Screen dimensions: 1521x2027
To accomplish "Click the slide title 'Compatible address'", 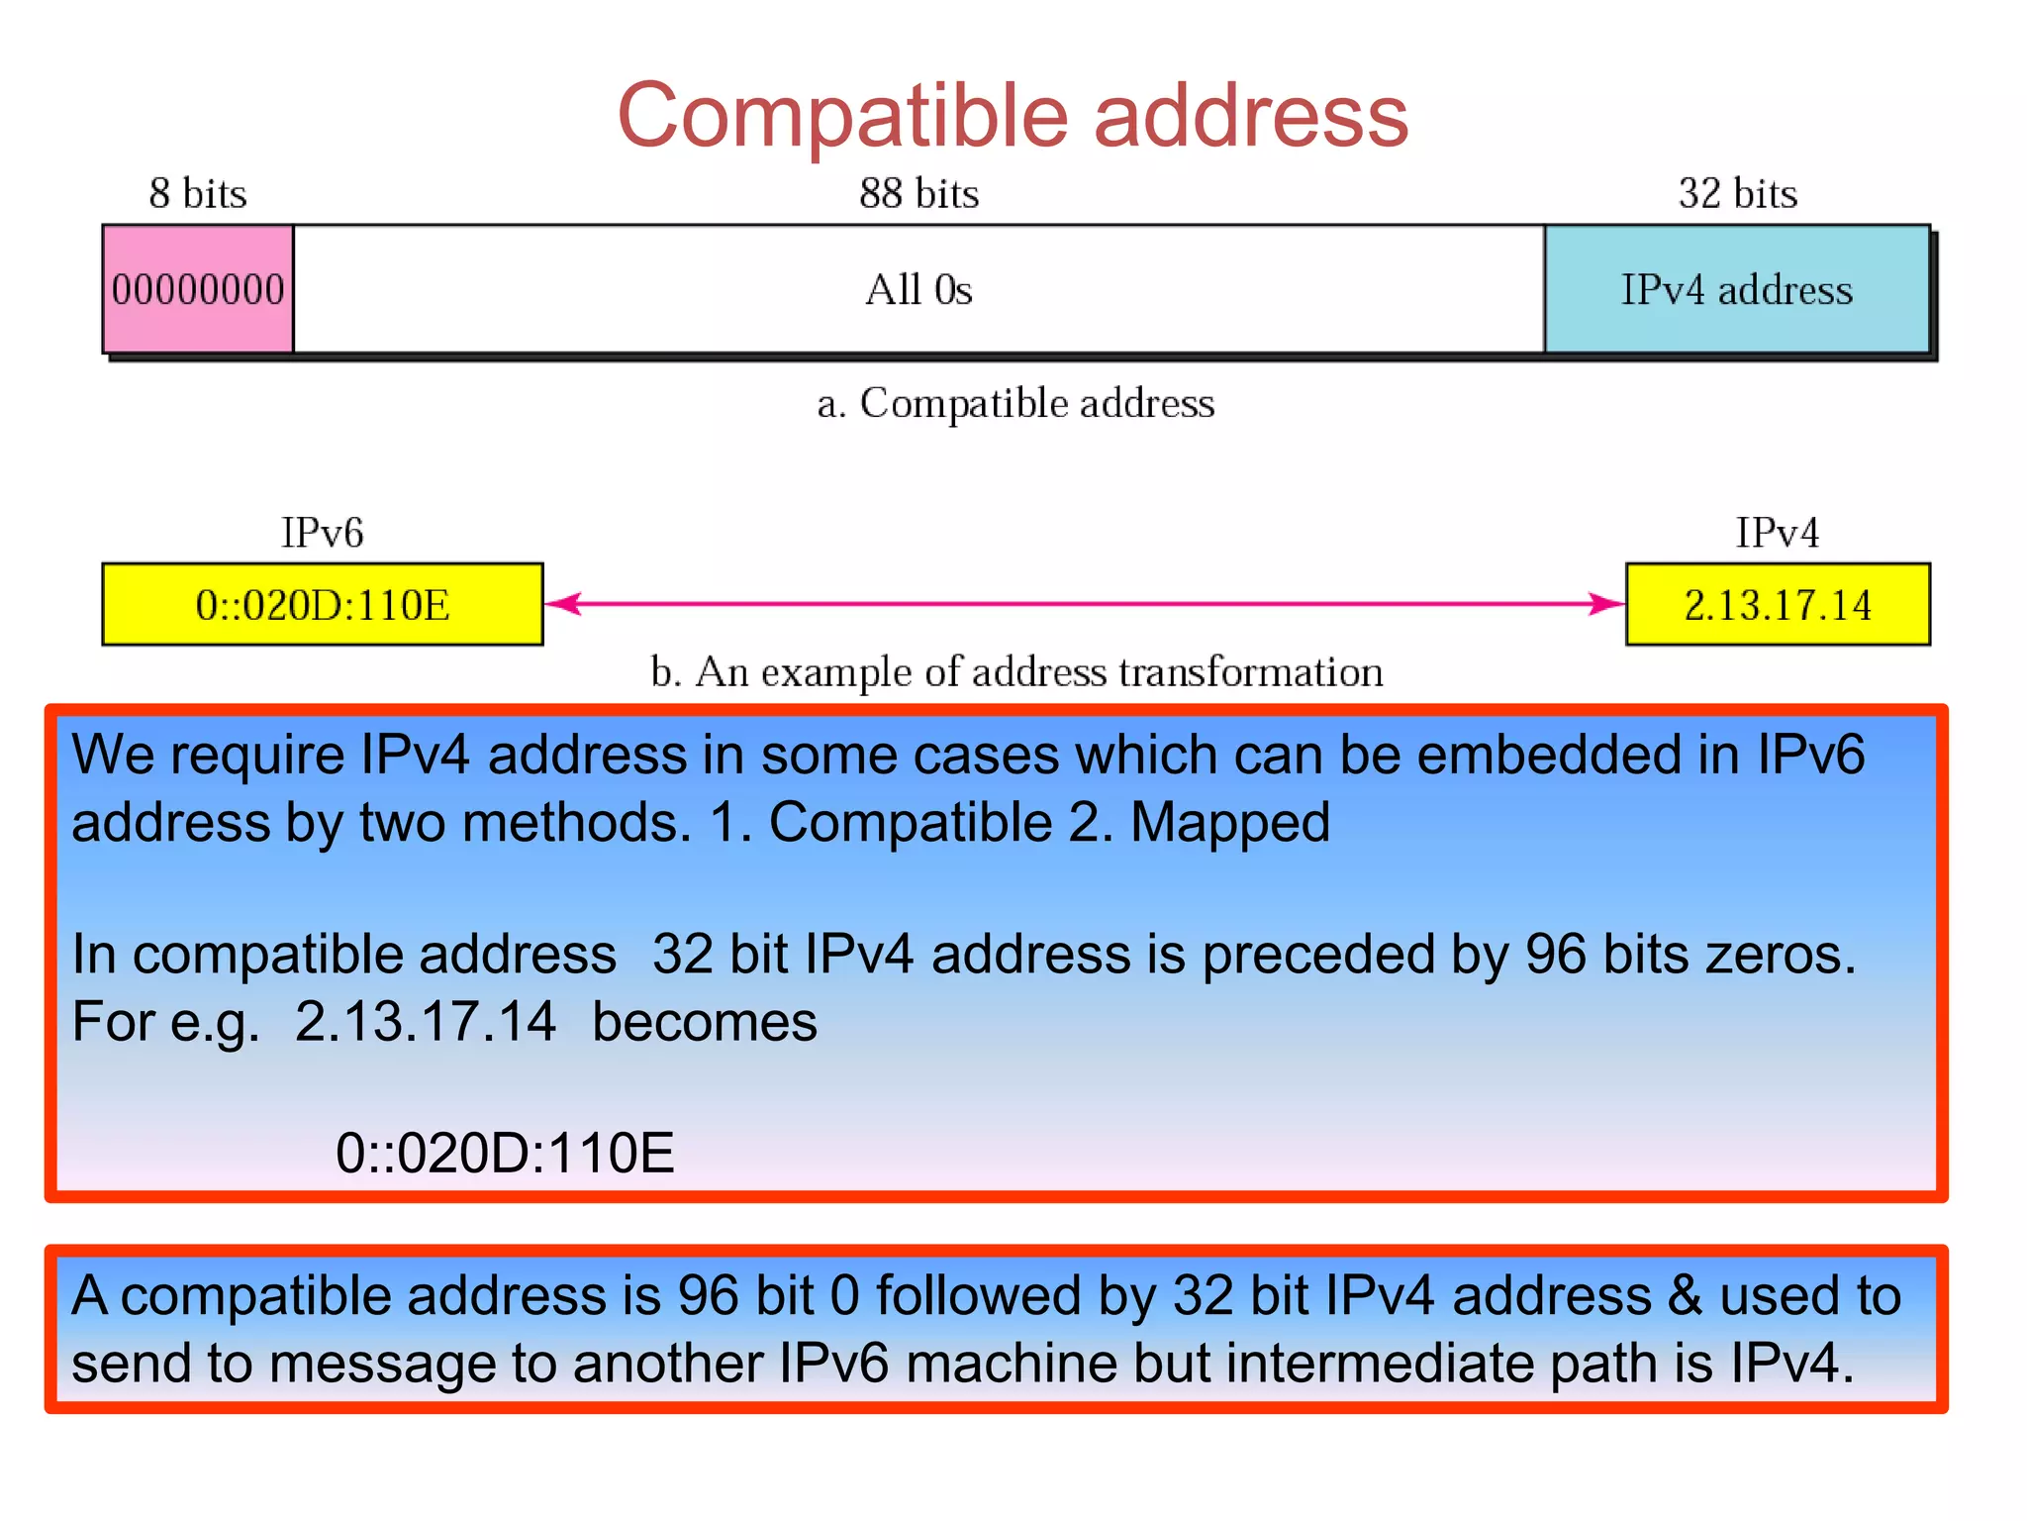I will (x=1013, y=116).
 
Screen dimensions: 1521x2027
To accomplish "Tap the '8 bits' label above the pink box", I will (x=198, y=193).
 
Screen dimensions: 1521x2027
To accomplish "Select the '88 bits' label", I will (x=918, y=193).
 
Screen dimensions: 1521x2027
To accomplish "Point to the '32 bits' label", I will (x=1737, y=193).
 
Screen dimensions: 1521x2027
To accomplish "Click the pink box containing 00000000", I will (x=198, y=289).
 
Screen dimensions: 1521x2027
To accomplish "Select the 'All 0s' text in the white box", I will (x=918, y=290).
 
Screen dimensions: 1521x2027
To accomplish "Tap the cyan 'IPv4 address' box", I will (x=1736, y=289).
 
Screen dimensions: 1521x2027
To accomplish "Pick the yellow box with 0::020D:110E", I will (x=323, y=604).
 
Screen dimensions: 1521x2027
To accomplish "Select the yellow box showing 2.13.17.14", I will (x=1778, y=604).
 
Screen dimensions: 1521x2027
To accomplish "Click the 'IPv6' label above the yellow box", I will (x=323, y=533).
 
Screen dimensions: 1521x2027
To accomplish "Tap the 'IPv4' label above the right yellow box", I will (x=1778, y=533).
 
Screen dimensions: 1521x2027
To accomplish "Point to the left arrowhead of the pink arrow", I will (x=562, y=603).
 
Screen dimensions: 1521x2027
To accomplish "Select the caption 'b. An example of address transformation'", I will (x=1016, y=672).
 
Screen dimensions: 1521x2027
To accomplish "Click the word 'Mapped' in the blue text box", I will (x=1230, y=823).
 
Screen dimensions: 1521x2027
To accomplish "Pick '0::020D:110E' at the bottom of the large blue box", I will (x=505, y=1154).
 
